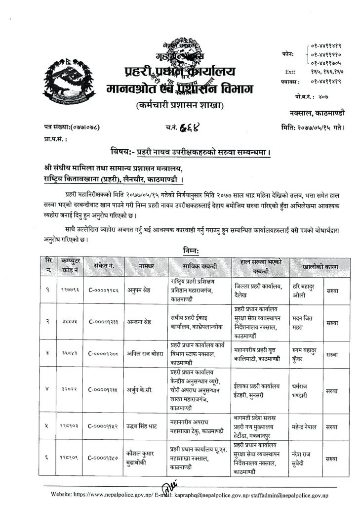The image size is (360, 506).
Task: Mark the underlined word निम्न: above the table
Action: pyautogui.click(x=181, y=251)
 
